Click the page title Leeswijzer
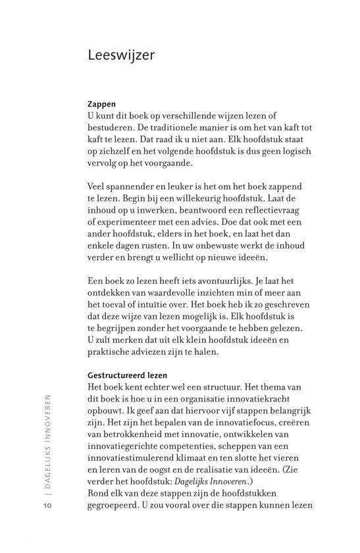click(x=121, y=56)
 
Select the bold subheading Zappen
click(x=102, y=104)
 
